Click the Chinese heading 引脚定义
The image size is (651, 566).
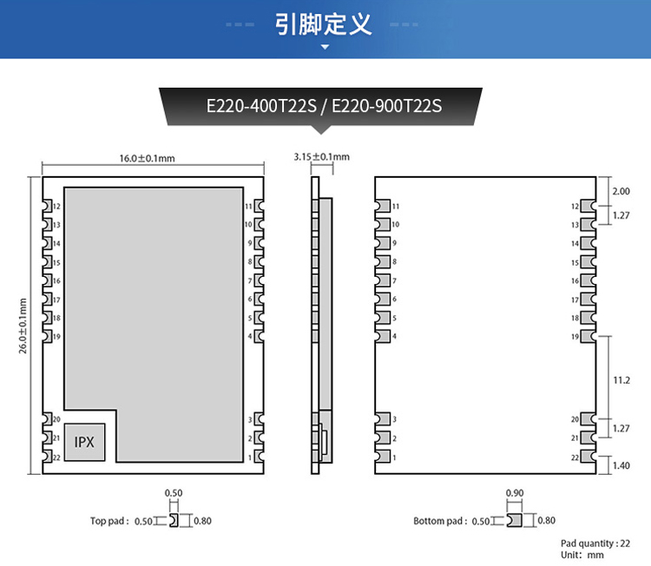pyautogui.click(x=324, y=23)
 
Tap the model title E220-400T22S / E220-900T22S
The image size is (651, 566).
pyautogui.click(x=324, y=106)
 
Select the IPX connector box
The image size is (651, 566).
pyautogui.click(x=84, y=442)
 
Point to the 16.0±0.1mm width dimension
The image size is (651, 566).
pyautogui.click(x=147, y=158)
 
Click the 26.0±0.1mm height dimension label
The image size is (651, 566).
pyautogui.click(x=23, y=326)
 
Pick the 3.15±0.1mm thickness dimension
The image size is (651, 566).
pyautogui.click(x=321, y=157)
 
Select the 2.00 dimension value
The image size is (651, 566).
pyautogui.click(x=621, y=191)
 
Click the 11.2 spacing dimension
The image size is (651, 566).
pyautogui.click(x=621, y=380)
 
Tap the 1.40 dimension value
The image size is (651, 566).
pyautogui.click(x=621, y=466)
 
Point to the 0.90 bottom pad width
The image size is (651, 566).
pyautogui.click(x=514, y=493)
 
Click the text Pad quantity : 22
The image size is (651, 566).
pyautogui.click(x=595, y=543)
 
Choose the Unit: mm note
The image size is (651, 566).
pyautogui.click(x=582, y=555)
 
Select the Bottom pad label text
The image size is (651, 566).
pyautogui.click(x=440, y=521)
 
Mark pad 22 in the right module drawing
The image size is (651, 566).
pyautogui.click(x=588, y=457)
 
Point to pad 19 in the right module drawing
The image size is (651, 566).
pyautogui.click(x=588, y=336)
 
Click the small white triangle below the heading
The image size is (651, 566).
pyautogui.click(x=325, y=47)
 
